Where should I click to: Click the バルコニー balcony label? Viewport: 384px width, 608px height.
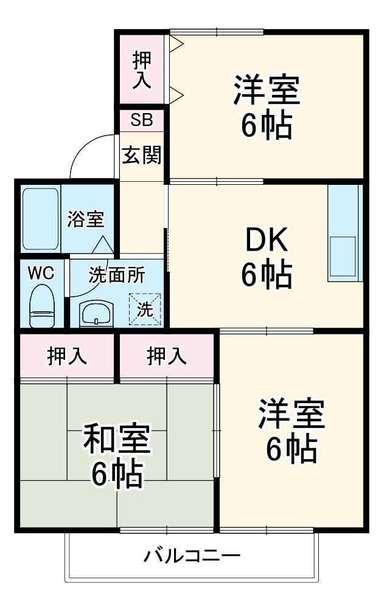tap(192, 556)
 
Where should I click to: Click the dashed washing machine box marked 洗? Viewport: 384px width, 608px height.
tap(145, 309)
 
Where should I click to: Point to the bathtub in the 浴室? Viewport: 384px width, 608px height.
tap(40, 219)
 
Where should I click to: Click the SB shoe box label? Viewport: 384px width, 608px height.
tap(141, 120)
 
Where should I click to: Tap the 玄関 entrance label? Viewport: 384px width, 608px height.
tap(141, 155)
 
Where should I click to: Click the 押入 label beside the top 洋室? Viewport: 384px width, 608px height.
tap(142, 70)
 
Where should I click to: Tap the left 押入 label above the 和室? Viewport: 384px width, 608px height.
tap(67, 356)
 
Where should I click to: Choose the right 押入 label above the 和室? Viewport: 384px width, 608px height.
tap(167, 356)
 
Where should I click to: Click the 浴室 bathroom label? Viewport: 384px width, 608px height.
tap(85, 219)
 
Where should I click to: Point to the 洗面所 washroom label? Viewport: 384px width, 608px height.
tap(116, 275)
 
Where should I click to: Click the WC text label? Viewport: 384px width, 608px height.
tap(41, 274)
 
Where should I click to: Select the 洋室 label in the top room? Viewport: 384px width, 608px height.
tap(267, 89)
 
